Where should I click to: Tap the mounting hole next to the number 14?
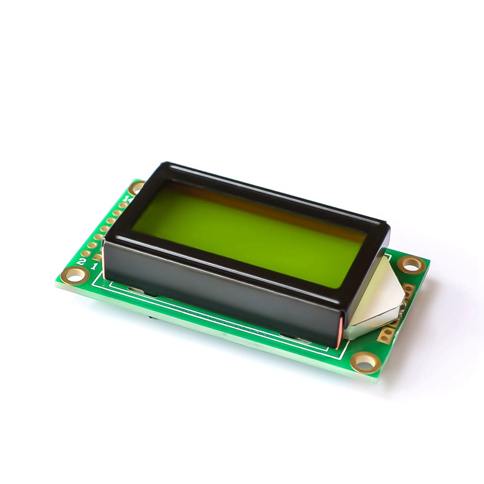tap(137, 188)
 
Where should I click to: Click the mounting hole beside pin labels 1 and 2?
tap(75, 275)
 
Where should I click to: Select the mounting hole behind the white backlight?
tap(411, 264)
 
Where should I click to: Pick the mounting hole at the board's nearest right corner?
tap(365, 362)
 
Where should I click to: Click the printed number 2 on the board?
tap(81, 261)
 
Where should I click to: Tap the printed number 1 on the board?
tap(94, 266)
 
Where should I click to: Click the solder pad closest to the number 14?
tap(123, 205)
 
